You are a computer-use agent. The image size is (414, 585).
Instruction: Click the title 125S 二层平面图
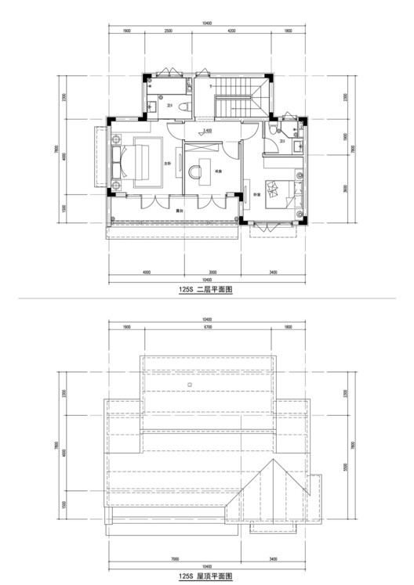pyautogui.click(x=206, y=289)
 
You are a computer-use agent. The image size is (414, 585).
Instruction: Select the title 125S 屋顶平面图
pyautogui.click(x=206, y=575)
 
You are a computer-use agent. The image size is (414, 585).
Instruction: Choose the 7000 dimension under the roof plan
pyautogui.click(x=180, y=559)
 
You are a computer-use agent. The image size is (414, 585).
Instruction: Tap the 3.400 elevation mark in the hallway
pyautogui.click(x=208, y=131)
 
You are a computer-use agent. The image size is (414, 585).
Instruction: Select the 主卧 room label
pyautogui.click(x=167, y=164)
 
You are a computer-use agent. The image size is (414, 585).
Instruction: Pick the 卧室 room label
pyautogui.click(x=256, y=196)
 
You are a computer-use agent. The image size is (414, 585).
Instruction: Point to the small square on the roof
pyautogui.click(x=191, y=386)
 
